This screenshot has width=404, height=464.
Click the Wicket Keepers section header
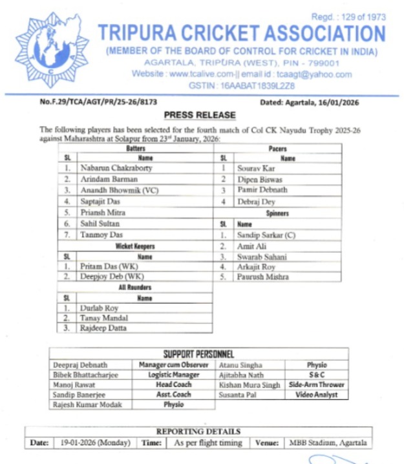tap(135, 246)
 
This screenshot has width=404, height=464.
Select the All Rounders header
tap(134, 288)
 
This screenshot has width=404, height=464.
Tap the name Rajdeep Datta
tap(103, 328)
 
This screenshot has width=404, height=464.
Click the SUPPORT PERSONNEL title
tap(198, 354)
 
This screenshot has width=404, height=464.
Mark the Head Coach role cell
tap(173, 385)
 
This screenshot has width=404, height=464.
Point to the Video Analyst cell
tap(317, 394)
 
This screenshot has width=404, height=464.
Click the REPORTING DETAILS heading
tap(198, 431)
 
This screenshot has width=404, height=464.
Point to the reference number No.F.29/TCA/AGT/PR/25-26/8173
tap(98, 102)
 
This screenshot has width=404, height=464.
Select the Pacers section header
tap(277, 149)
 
